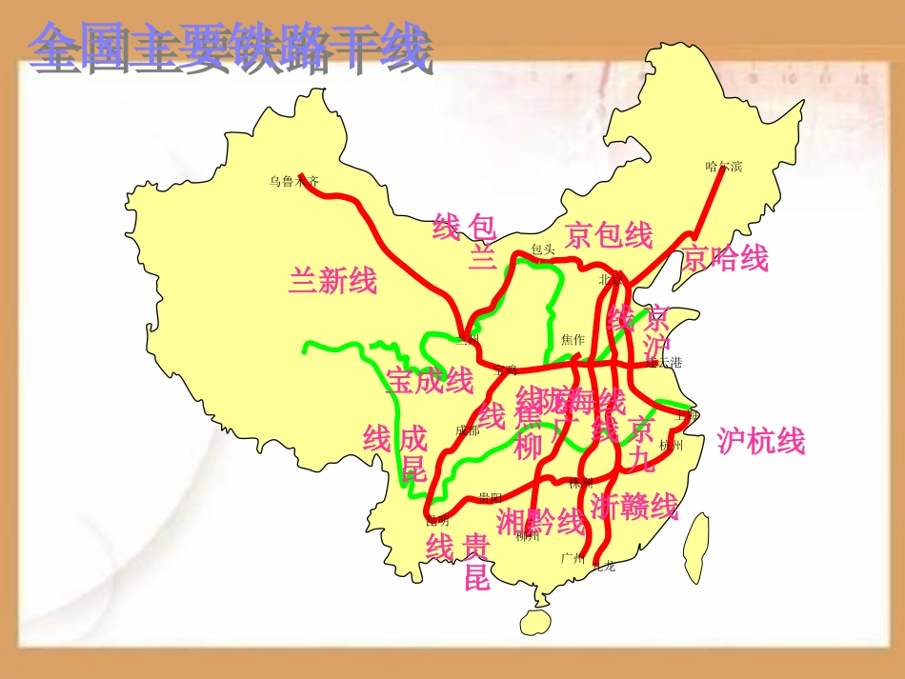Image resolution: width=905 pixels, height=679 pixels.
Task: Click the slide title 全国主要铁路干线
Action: [230, 50]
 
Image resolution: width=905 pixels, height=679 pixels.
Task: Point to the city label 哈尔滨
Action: [723, 167]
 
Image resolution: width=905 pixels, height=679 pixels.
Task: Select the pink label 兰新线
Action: [332, 281]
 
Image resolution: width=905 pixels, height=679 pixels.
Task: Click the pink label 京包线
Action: [609, 234]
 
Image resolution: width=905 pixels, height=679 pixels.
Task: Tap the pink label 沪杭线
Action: [761, 441]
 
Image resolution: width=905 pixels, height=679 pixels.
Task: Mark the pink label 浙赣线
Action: [634, 505]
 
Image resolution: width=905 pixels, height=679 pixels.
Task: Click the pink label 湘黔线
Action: [540, 521]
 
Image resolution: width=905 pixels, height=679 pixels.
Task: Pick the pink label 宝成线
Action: [430, 381]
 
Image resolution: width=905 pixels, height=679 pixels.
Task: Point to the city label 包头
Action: [543, 250]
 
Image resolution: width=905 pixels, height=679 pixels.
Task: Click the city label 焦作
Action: [573, 339]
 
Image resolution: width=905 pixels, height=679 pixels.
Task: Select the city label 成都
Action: [468, 430]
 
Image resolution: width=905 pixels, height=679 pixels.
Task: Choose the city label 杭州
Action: [671, 445]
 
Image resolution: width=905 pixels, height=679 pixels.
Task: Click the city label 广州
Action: [572, 557]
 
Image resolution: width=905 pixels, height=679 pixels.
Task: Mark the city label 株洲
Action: [581, 483]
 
